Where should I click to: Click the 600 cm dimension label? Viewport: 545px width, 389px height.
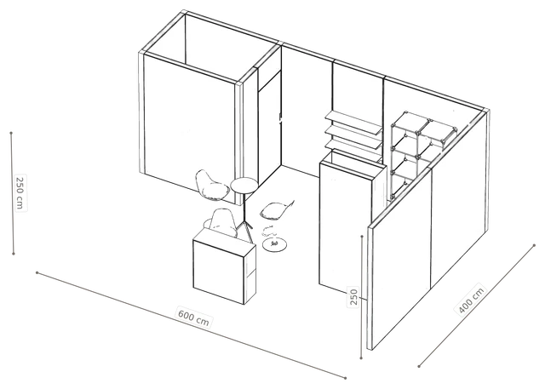193,317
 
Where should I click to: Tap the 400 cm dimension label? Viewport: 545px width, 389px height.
471,300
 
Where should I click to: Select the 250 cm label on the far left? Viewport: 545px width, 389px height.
20,193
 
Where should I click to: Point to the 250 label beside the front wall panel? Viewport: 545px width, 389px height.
353,296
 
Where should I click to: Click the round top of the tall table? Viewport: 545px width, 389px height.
244,185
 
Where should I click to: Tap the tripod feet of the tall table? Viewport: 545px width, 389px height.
245,230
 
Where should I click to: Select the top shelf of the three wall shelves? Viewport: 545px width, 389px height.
353,121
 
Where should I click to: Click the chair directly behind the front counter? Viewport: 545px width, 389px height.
221,222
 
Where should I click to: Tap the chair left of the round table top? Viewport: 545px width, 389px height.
209,185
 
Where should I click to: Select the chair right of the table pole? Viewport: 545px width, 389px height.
277,210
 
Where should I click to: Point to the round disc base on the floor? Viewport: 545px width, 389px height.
274,244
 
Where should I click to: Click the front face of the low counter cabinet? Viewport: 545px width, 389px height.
219,272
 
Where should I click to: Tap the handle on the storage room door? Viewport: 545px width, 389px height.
280,119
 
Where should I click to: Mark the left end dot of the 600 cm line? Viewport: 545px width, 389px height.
37,272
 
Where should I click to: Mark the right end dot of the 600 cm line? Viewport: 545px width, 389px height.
346,378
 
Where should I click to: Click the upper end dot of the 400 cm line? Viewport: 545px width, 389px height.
534,245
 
